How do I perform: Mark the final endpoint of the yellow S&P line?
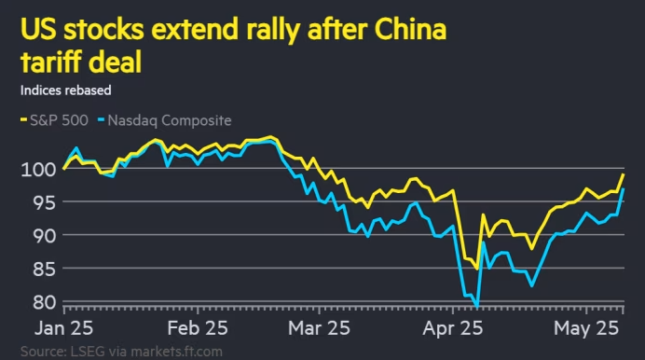tap(624, 174)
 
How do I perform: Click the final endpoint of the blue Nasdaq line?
tap(624, 189)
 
